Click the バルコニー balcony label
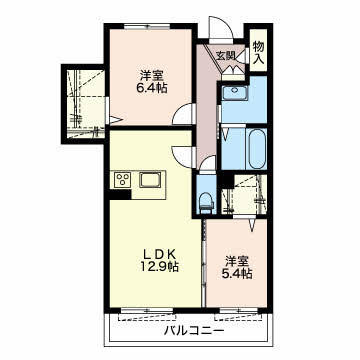pyautogui.click(x=194, y=331)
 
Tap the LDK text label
pyautogui.click(x=159, y=254)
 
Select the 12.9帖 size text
pyautogui.click(x=159, y=267)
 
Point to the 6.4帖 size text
pyautogui.click(x=152, y=88)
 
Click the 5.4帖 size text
pyautogui.click(x=237, y=273)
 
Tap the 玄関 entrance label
pyautogui.click(x=226, y=55)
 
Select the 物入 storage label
pyautogui.click(x=259, y=52)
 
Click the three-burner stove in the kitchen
pyautogui.click(x=122, y=180)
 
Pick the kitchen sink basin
pyautogui.click(x=150, y=180)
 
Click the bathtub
pyautogui.click(x=258, y=149)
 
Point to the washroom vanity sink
pyautogui.click(x=235, y=93)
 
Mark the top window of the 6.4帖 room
pyautogui.click(x=147, y=26)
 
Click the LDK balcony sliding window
pyautogui.click(x=147, y=310)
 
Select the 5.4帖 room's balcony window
pyautogui.click(x=239, y=310)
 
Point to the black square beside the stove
pyautogui.click(x=120, y=194)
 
